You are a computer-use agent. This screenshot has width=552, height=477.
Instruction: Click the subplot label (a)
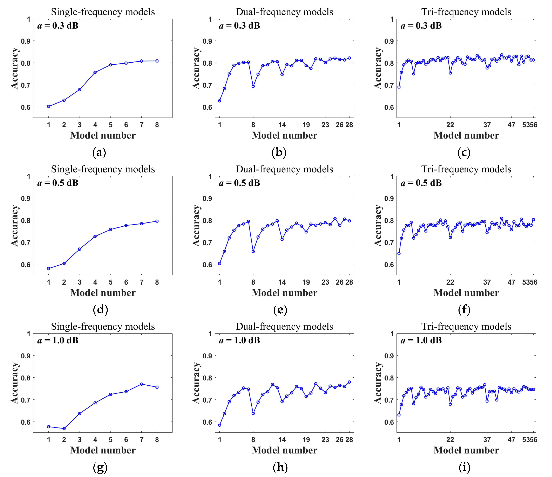click(99, 153)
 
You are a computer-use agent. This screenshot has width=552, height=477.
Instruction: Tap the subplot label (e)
click(280, 310)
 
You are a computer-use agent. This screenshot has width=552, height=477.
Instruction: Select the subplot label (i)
click(464, 467)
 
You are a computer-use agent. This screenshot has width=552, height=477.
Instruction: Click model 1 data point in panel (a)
click(49, 106)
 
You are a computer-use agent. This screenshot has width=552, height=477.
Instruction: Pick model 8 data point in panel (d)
click(157, 221)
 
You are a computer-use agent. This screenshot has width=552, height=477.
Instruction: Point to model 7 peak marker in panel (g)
click(141, 384)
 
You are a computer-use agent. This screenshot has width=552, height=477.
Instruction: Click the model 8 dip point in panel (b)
click(253, 86)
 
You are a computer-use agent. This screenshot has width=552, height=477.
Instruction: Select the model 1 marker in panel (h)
click(220, 425)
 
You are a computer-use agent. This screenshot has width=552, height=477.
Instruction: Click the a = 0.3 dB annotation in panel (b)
click(239, 26)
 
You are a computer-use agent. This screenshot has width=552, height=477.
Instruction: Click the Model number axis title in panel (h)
click(284, 450)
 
